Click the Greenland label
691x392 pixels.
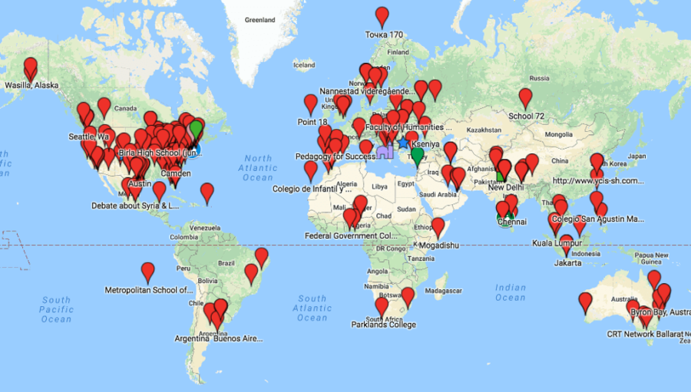coord(260,18)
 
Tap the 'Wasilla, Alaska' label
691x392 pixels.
coord(31,85)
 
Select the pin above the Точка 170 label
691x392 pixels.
coord(382,15)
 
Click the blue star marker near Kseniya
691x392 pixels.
coord(404,143)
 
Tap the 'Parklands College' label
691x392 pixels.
coord(383,324)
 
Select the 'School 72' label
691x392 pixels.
coord(526,117)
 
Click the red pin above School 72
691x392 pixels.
coord(525,97)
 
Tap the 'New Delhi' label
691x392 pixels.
coord(506,187)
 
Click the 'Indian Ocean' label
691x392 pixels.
coord(511,293)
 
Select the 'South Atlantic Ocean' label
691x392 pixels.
coord(312,308)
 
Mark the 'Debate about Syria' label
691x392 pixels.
coord(135,206)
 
